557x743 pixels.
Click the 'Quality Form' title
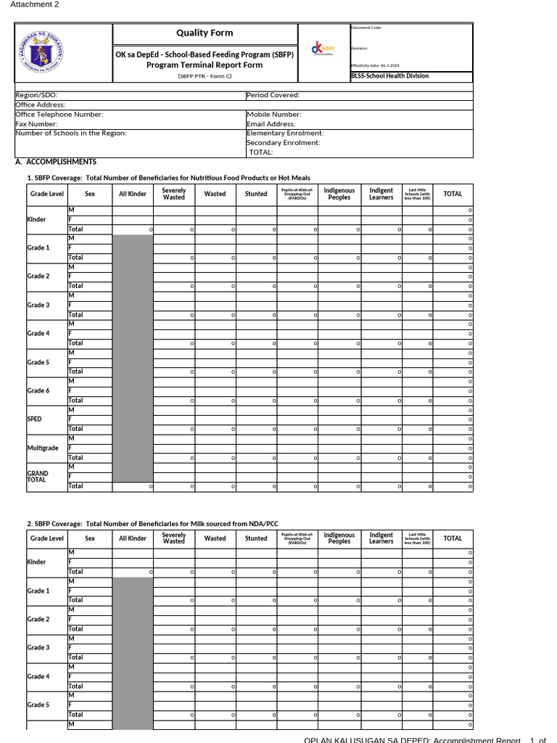(205, 33)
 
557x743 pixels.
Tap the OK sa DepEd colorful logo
(323, 49)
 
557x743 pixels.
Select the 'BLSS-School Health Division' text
(389, 76)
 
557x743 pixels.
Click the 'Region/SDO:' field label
(37, 95)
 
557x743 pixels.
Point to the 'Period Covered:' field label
(273, 95)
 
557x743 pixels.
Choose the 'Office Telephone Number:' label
(59, 115)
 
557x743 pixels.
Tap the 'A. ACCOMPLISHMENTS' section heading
(56, 162)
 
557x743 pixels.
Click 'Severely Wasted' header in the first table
(174, 194)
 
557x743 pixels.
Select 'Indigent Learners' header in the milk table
(381, 538)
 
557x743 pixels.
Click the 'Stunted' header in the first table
(256, 194)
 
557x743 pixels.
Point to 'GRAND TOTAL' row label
(38, 477)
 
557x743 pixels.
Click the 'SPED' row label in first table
(34, 419)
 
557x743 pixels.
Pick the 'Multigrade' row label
(43, 448)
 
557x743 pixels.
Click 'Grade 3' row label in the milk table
(38, 648)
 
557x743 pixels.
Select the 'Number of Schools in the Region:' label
(71, 133)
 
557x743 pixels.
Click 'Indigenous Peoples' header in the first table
(339, 194)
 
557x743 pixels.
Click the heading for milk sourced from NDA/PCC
(152, 523)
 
